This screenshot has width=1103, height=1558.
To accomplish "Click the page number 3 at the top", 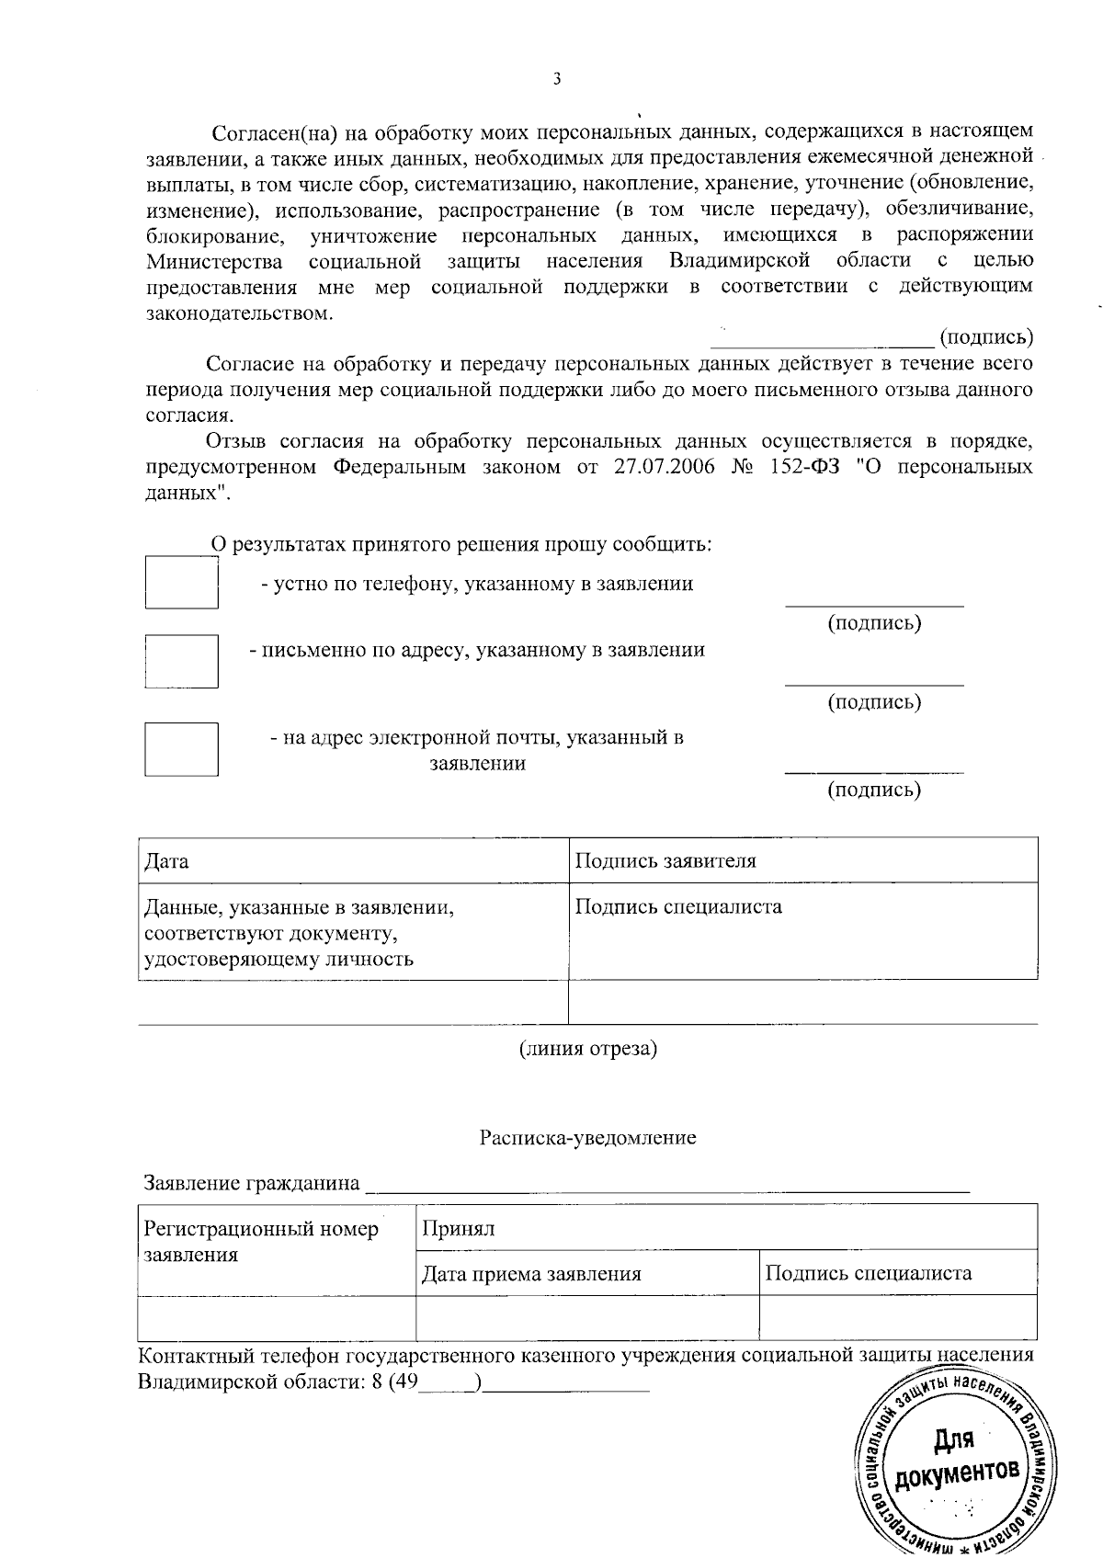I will click(x=556, y=79).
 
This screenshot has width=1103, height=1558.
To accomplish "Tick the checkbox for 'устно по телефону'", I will click(x=182, y=583).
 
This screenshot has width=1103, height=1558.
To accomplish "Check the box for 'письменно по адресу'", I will click(x=182, y=661).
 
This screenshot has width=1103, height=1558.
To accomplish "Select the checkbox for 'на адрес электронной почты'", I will click(x=182, y=749).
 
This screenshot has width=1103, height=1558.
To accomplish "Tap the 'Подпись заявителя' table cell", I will click(x=665, y=861).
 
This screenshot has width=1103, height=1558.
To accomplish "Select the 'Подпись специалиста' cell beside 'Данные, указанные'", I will click(x=678, y=907).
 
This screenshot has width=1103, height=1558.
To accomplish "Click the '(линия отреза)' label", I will click(x=588, y=1048).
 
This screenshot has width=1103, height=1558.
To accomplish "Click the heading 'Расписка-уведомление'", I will click(x=588, y=1138).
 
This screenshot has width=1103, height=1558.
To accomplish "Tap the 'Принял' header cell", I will click(x=459, y=1229).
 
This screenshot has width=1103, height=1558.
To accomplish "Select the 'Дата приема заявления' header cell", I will click(x=531, y=1274).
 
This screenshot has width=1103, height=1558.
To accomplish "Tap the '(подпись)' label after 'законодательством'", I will click(x=986, y=336).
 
